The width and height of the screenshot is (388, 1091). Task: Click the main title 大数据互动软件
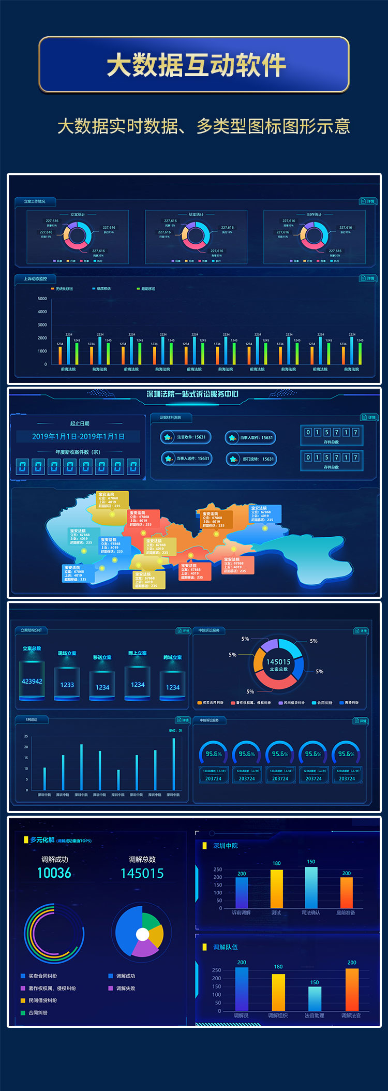coord(196,65)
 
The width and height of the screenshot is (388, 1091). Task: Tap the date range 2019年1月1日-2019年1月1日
coord(78,436)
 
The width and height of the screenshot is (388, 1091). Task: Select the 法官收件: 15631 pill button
coord(186,437)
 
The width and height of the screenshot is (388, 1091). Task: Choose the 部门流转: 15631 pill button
coord(252,459)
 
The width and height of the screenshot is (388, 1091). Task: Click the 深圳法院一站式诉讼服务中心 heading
coord(192,394)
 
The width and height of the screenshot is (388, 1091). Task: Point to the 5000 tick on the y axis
coord(42,299)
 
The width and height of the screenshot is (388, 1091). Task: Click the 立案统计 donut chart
coord(78,236)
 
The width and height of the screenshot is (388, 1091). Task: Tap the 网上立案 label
coord(138,653)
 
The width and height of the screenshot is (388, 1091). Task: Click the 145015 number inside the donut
coord(278,662)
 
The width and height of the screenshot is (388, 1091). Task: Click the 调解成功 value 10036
coord(54,873)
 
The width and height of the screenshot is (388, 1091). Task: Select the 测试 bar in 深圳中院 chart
coord(277,888)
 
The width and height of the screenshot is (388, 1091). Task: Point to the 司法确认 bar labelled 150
coord(311,887)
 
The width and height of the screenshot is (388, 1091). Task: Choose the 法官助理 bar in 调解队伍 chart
coord(315,998)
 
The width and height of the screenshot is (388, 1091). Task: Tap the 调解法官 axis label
coord(351,1016)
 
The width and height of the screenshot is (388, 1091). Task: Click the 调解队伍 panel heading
coord(226,947)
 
